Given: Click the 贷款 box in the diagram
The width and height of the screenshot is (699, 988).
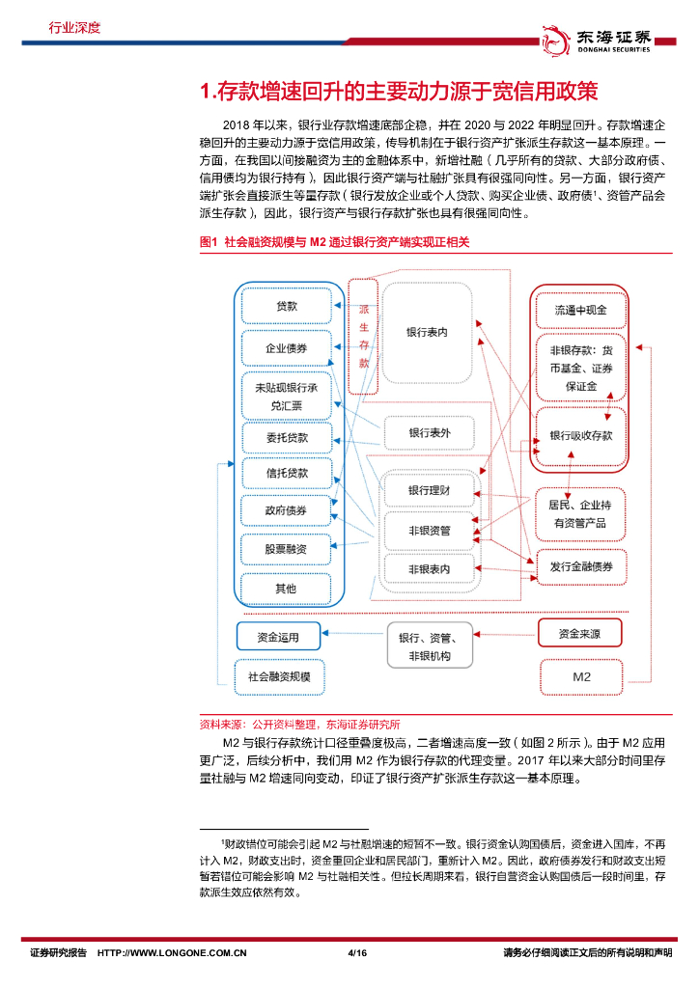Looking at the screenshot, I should tap(287, 306).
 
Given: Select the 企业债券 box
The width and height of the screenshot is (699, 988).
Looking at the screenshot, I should tap(287, 348).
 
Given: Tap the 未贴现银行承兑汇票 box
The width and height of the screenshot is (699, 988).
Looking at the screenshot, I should tap(287, 395).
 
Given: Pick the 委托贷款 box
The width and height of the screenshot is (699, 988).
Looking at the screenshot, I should tap(287, 438).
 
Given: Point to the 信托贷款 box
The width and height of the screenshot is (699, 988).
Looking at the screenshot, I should tap(287, 474).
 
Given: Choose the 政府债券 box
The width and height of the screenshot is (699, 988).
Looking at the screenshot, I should tap(287, 510).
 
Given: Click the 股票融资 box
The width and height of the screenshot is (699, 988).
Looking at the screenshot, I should tap(287, 549).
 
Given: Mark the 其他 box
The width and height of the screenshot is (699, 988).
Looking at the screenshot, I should tap(287, 588).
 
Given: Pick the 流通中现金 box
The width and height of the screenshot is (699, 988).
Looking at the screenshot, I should tap(580, 312).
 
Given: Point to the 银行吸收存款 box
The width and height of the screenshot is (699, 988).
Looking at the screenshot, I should tap(580, 435).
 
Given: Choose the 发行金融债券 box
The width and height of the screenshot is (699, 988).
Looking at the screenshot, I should tap(580, 566).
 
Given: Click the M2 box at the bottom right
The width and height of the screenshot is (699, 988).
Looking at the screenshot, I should tap(580, 676).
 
